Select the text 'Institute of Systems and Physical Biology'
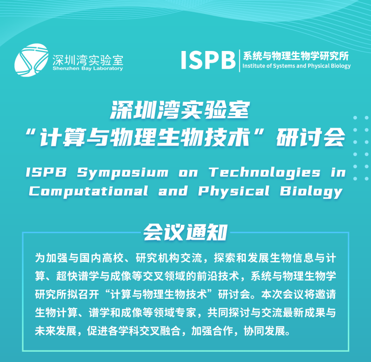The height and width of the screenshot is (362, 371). pos(296,66)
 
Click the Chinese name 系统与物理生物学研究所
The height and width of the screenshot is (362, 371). pos(295,55)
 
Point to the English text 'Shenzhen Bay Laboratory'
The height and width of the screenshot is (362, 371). pos(88,69)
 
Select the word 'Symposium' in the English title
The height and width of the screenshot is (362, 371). pos(122,173)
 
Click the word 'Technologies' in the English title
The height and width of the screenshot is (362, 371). pos(264,173)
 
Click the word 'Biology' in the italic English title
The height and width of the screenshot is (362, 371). pos(311,191)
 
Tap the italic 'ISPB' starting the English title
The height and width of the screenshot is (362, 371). pos(45,173)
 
